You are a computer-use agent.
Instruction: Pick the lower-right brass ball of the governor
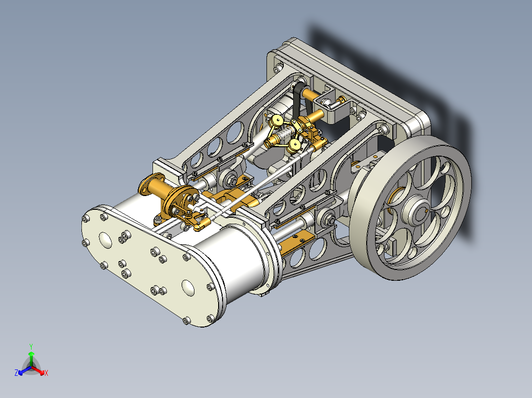coord(295,144)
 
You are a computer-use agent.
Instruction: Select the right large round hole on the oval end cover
coord(188,287)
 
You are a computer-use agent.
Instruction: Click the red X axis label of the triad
coord(46,373)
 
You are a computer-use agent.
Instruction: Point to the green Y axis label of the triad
coord(31,346)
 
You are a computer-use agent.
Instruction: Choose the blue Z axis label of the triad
coord(16,373)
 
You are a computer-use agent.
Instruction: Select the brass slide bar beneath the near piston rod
coord(296,242)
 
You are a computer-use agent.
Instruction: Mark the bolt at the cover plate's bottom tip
coord(186,321)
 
